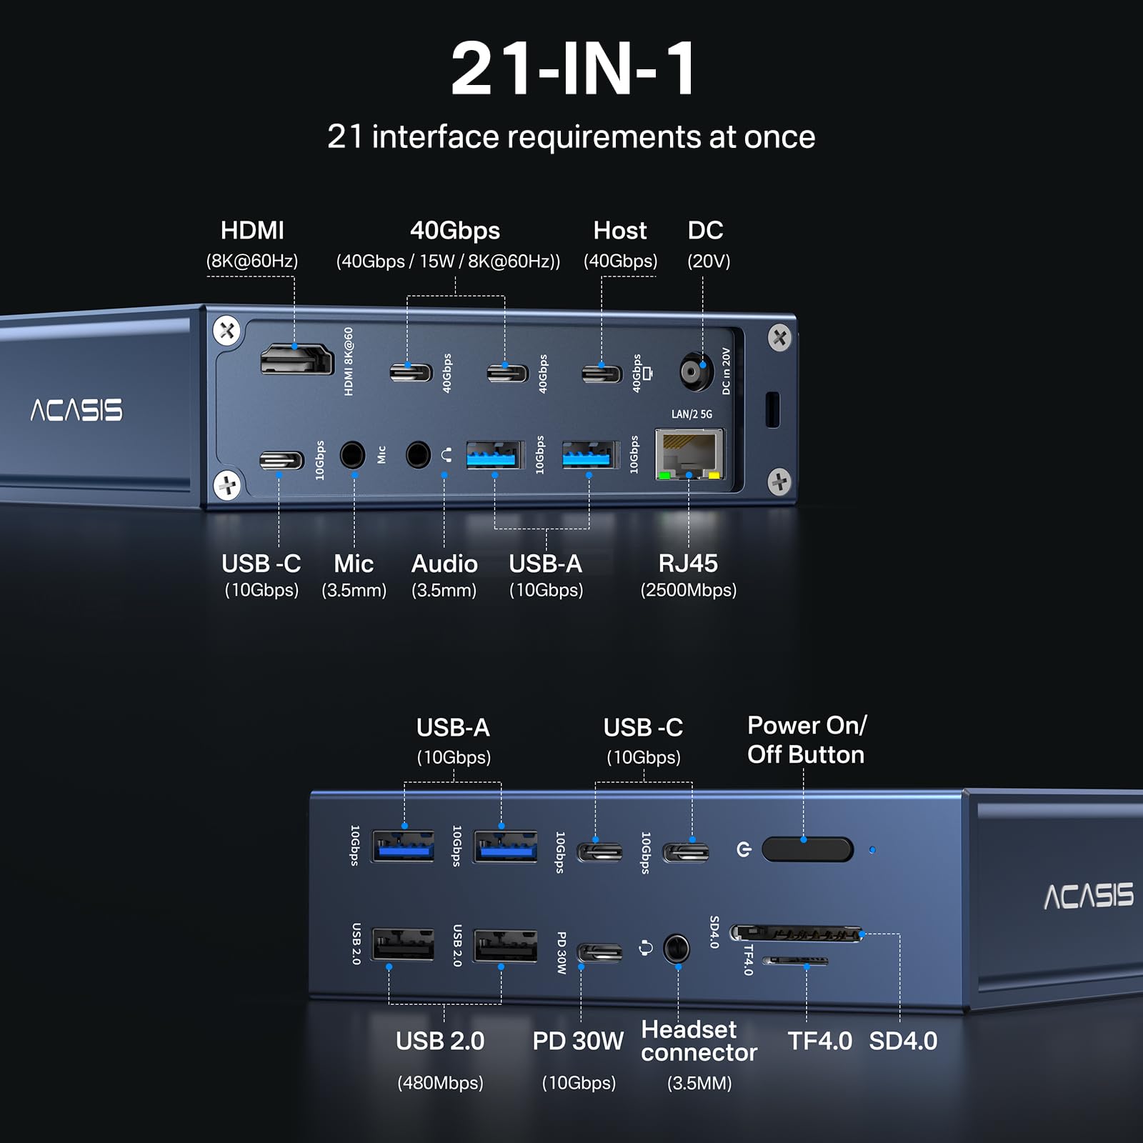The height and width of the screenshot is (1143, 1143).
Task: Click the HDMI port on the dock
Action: pyautogui.click(x=296, y=359)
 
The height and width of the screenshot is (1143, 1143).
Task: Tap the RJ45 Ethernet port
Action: pyautogui.click(x=689, y=454)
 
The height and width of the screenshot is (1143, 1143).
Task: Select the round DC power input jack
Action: pyautogui.click(x=696, y=371)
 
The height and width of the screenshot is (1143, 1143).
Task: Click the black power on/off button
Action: pyautogui.click(x=807, y=849)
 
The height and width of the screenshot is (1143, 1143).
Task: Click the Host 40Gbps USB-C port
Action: pyautogui.click(x=602, y=373)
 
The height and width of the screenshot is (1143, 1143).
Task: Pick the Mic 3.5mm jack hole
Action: pyautogui.click(x=352, y=454)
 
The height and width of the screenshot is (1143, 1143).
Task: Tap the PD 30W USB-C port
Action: pyautogui.click(x=599, y=952)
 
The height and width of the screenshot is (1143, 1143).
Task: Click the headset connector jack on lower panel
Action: pyautogui.click(x=676, y=949)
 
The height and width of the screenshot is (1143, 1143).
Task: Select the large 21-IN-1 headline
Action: pyautogui.click(x=574, y=69)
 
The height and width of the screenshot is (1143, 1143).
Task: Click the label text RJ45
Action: pyautogui.click(x=688, y=564)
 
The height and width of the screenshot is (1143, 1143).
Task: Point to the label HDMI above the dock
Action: pyautogui.click(x=252, y=231)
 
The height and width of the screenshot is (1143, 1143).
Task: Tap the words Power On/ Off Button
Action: pyautogui.click(x=807, y=740)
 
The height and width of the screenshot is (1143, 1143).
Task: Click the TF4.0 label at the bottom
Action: pyautogui.click(x=819, y=1042)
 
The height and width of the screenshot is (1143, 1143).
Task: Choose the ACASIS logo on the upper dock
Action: pyautogui.click(x=76, y=410)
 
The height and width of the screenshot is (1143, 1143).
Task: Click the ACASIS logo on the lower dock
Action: pyautogui.click(x=1088, y=896)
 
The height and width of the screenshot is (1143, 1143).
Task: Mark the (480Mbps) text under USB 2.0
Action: pyautogui.click(x=440, y=1083)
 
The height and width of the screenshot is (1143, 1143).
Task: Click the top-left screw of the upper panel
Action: pyautogui.click(x=227, y=331)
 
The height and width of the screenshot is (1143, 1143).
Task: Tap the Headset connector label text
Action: pyautogui.click(x=698, y=1041)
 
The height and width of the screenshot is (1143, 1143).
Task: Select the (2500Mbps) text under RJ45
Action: pyautogui.click(x=688, y=590)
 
